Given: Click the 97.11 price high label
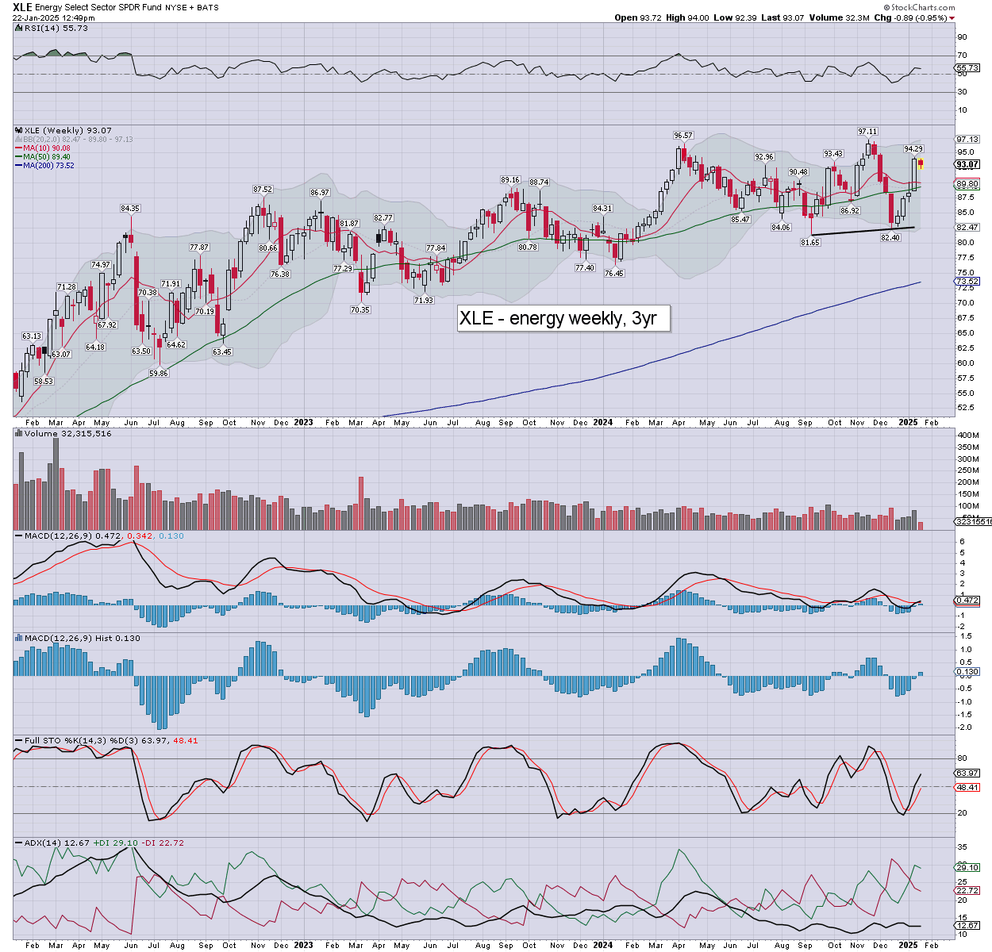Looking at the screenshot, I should [x=867, y=132].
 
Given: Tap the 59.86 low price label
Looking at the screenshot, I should [x=159, y=373].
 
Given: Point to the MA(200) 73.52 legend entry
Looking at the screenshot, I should [x=48, y=165].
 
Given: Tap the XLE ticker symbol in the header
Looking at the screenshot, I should [x=21, y=7].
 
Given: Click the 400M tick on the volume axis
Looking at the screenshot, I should [x=968, y=436].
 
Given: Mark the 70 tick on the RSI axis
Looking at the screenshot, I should [x=962, y=56].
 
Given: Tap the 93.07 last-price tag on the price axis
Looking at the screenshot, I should [x=967, y=165].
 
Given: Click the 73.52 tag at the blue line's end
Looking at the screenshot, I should [x=967, y=282].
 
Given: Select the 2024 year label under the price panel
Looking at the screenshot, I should [x=602, y=423].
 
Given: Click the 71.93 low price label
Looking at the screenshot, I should [x=424, y=301].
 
